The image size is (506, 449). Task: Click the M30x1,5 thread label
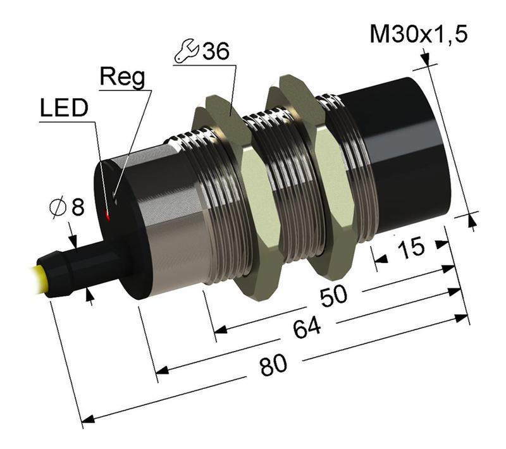coord(419,34)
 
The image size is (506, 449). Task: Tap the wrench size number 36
coord(215,52)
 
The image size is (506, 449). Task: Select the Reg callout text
coord(123,78)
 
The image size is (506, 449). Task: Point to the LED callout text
coord(63,108)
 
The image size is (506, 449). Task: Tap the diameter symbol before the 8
coord(56,207)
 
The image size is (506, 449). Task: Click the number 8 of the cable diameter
coord(77,206)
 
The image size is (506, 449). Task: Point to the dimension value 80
coord(274,365)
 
